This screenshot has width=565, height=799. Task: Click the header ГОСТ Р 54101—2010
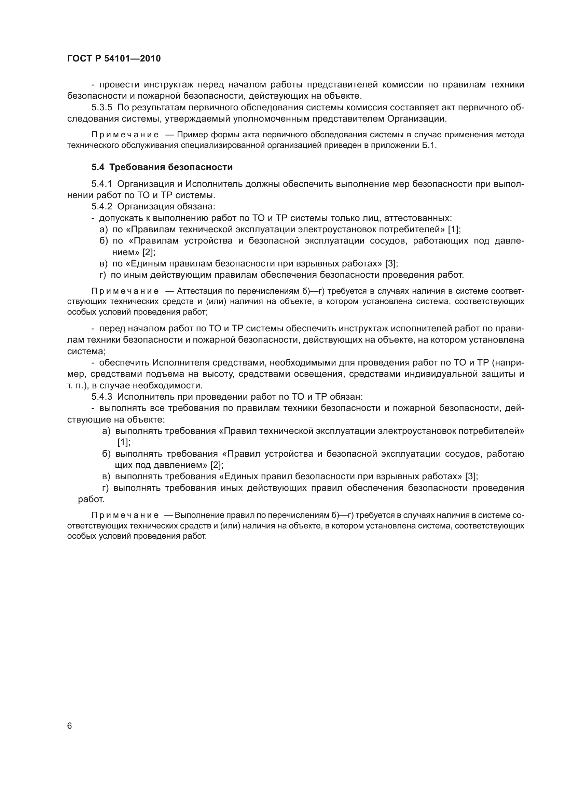click(x=114, y=59)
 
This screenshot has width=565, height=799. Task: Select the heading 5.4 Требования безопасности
click(x=162, y=167)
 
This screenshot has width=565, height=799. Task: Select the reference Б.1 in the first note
click(x=429, y=146)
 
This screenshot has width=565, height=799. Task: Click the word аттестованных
click(x=417, y=218)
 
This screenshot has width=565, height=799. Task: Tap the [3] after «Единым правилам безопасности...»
click(x=391, y=264)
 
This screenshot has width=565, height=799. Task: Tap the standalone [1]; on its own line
click(x=124, y=443)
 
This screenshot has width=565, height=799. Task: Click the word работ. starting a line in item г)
click(x=91, y=500)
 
